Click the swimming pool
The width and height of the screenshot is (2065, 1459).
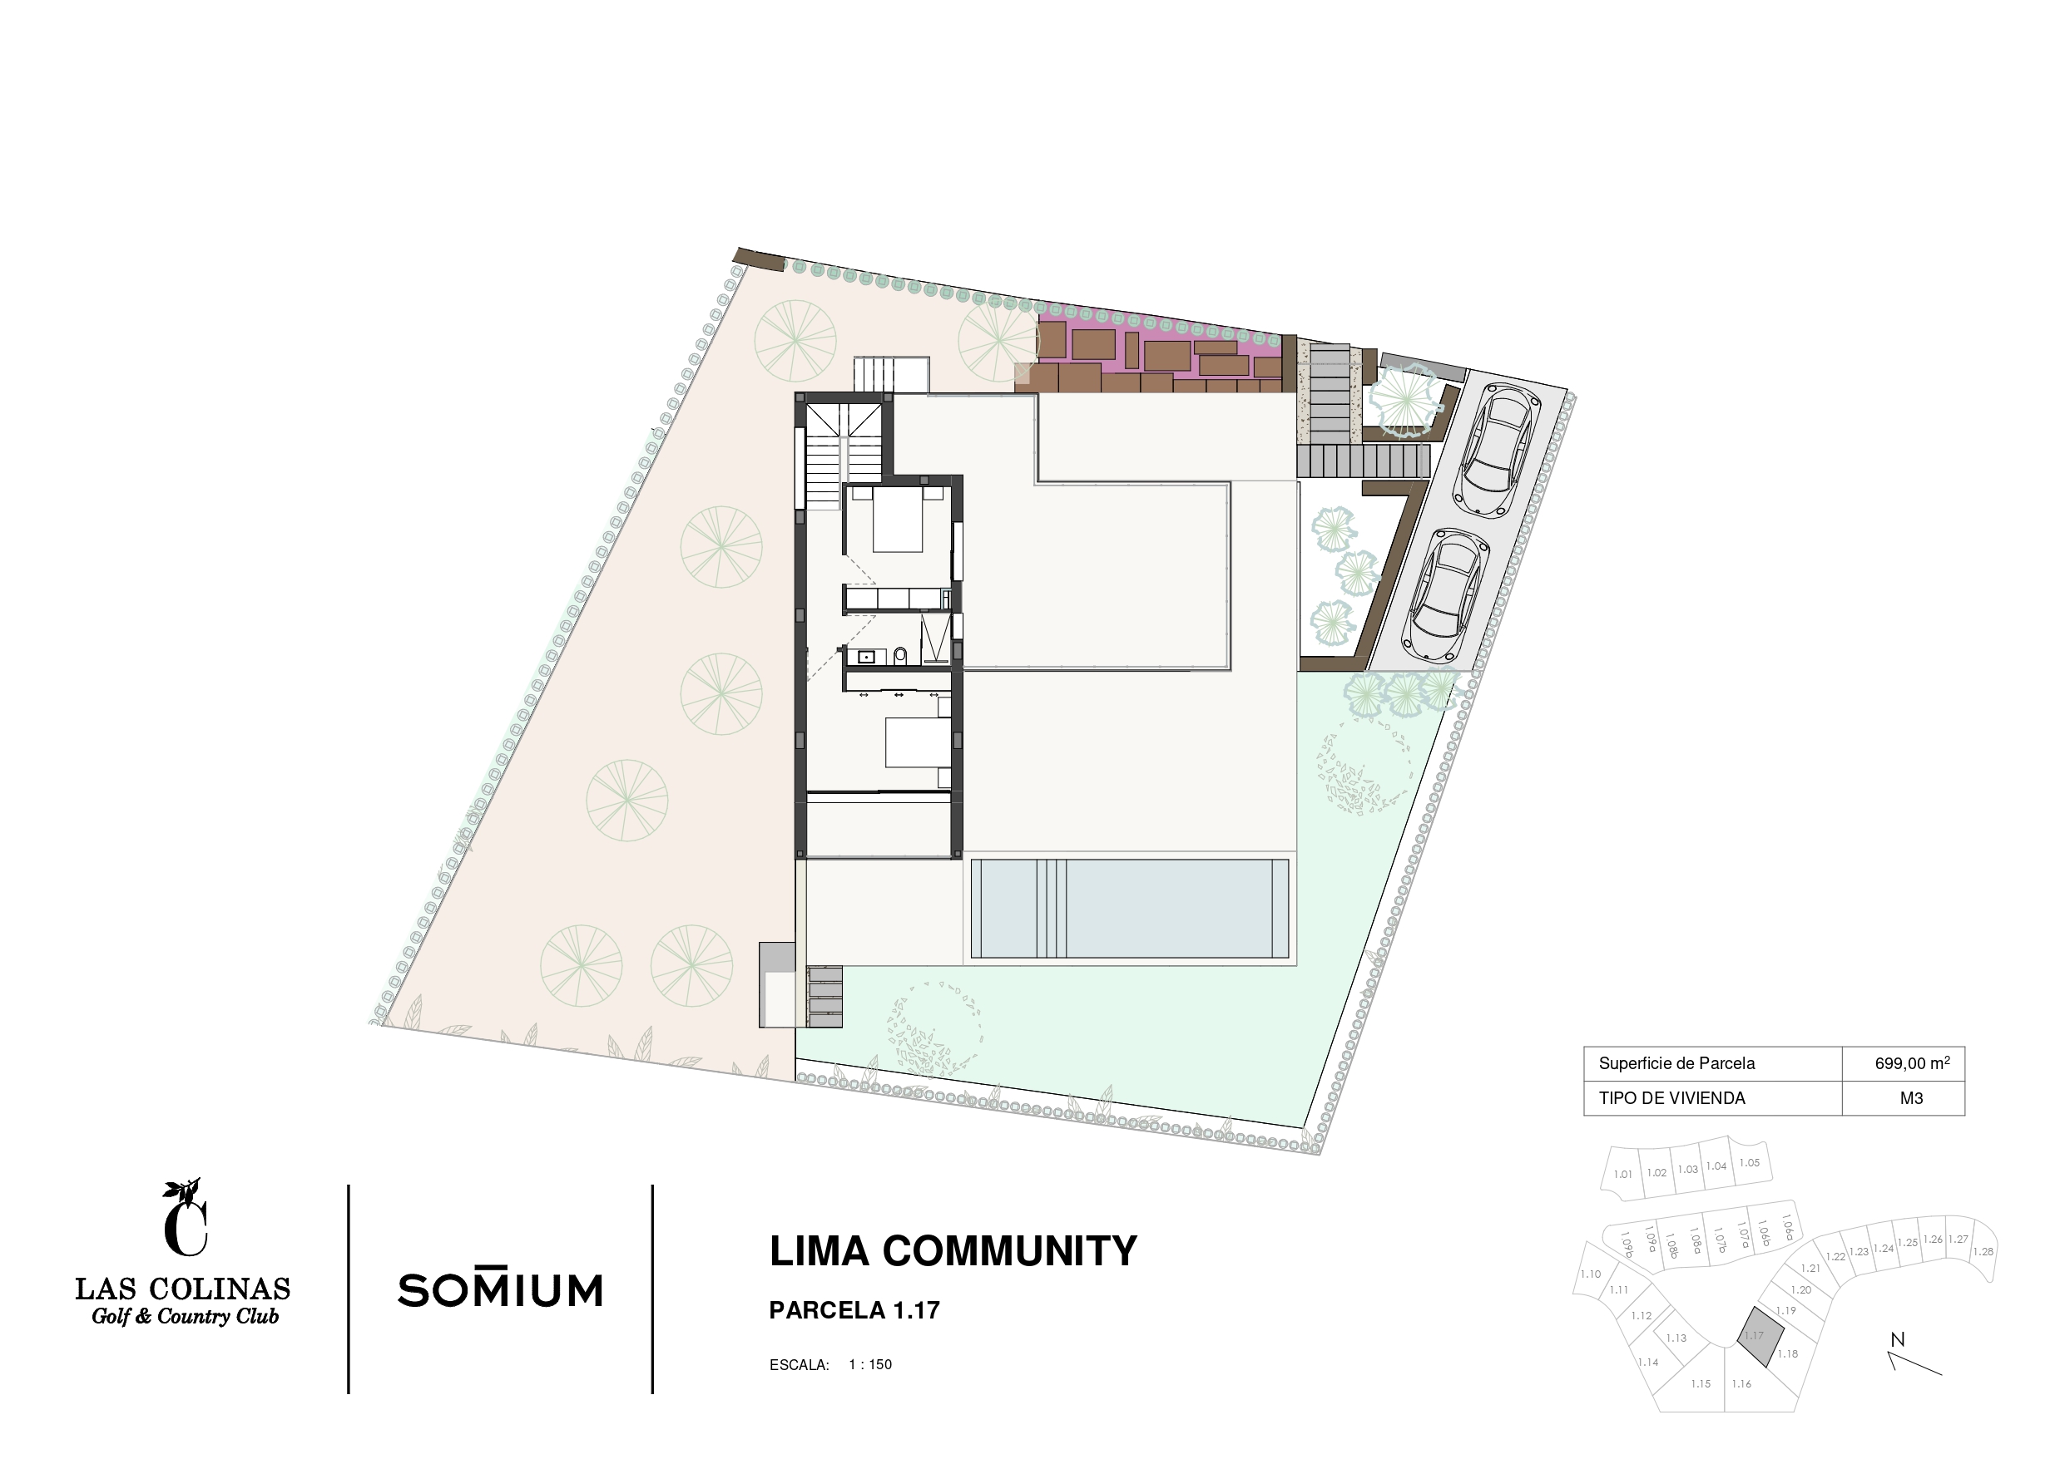[1130, 909]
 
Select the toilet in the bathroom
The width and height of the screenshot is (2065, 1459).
[900, 655]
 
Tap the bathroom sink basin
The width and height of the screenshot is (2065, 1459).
[866, 656]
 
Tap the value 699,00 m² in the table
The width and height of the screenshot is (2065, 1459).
[1912, 1063]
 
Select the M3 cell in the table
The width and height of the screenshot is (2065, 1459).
[1911, 1097]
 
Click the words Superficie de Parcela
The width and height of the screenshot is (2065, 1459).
[1676, 1063]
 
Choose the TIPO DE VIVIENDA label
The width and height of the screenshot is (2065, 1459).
[1672, 1097]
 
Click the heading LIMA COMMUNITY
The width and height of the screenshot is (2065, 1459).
[953, 1251]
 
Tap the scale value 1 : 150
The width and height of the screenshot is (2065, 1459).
[869, 1364]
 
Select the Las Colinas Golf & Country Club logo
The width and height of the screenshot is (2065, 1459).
[182, 1251]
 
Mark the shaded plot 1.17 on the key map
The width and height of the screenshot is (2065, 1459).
[1759, 1337]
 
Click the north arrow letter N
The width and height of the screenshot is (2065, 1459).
[1898, 1339]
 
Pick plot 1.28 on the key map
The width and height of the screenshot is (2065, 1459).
[1983, 1250]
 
